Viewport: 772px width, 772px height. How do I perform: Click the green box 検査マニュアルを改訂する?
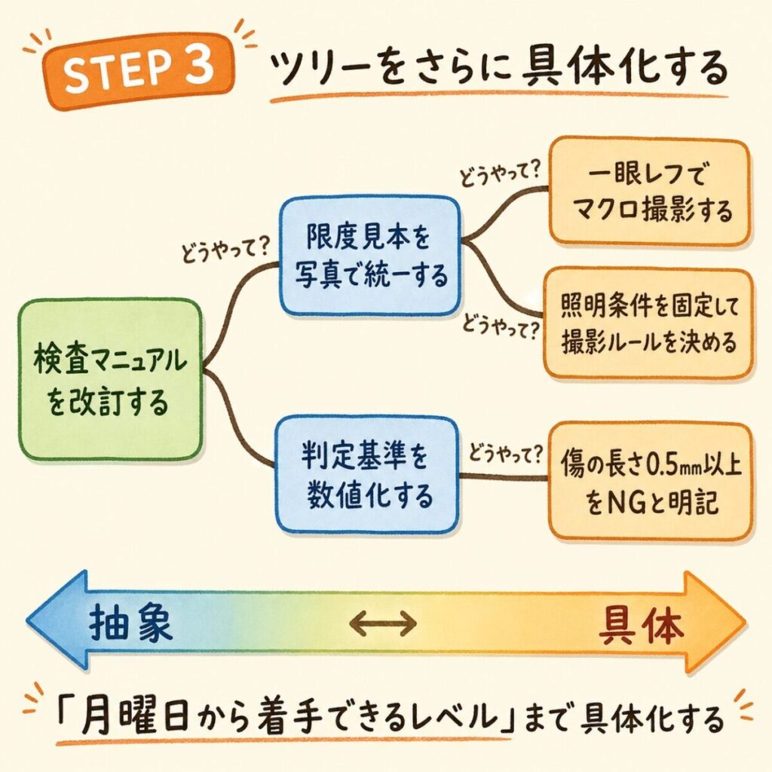(110, 378)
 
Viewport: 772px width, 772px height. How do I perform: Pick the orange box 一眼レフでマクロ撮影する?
(650, 191)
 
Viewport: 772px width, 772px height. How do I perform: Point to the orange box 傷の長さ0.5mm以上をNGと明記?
(651, 482)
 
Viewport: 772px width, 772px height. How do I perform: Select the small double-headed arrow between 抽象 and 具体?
(384, 623)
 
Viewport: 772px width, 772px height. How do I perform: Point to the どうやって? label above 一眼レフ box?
(500, 174)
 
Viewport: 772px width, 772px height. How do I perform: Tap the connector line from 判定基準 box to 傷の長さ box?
(504, 476)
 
